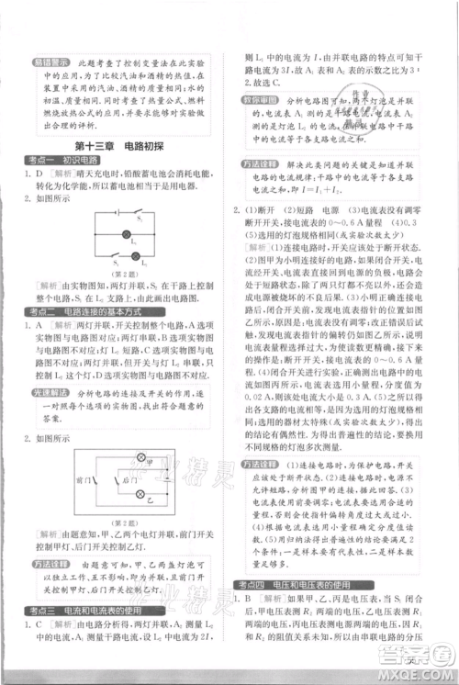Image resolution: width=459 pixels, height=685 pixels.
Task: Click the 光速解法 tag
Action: [47, 395]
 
